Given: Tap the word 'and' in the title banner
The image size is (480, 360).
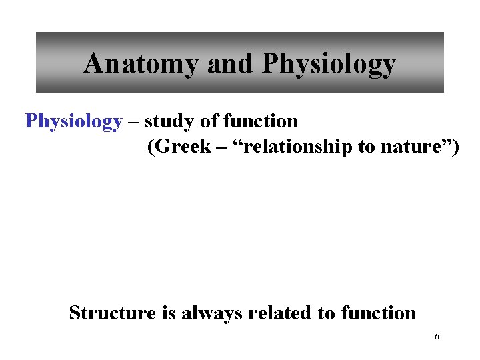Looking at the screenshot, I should click(231, 64).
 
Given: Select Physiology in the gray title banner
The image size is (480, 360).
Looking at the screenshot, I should click(329, 64).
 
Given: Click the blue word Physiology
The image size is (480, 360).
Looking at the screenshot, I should click(73, 121).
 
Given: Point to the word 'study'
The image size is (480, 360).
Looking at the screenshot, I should click(167, 121).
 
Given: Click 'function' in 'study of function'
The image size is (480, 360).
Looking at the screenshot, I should click(261, 121).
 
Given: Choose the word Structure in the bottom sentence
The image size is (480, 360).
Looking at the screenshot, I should click(111, 312).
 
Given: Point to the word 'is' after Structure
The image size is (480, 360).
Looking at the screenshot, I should click(167, 312).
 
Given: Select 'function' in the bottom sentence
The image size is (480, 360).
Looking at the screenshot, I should click(378, 312).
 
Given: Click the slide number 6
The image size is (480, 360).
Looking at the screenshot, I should click(437, 337).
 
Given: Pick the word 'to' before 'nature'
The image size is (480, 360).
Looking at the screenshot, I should click(366, 147).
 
